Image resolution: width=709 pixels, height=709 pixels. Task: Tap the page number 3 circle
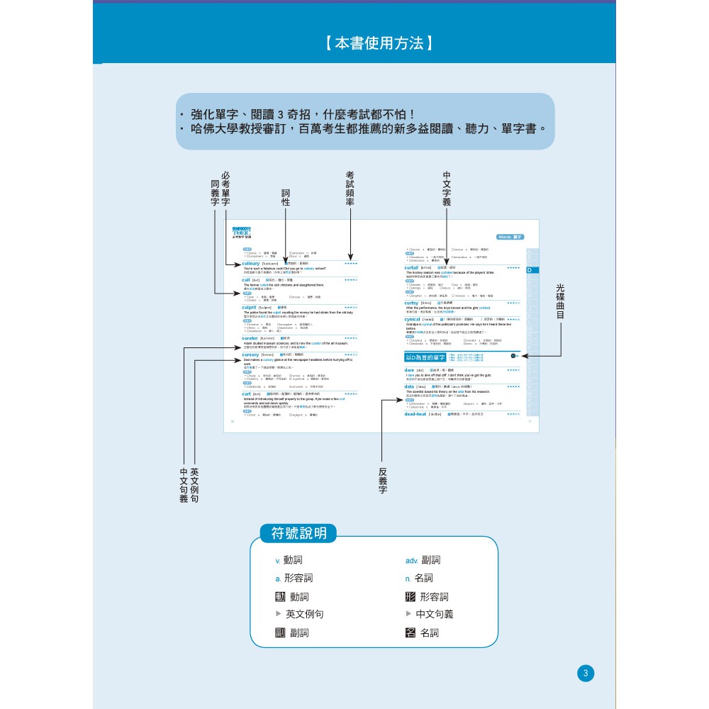tap(585, 674)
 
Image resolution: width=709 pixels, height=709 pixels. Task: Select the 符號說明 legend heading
tap(298, 534)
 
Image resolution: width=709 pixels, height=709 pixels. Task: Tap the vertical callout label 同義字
tap(215, 193)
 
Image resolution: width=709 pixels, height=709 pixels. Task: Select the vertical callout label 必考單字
tap(225, 189)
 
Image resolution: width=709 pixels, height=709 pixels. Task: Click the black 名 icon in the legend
tap(410, 633)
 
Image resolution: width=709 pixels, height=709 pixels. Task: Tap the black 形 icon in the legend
tap(410, 597)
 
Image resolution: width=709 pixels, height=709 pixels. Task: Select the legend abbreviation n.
tap(408, 579)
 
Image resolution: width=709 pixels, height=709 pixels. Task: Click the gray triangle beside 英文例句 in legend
tap(279, 614)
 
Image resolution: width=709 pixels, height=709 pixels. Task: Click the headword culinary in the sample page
tap(250, 263)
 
